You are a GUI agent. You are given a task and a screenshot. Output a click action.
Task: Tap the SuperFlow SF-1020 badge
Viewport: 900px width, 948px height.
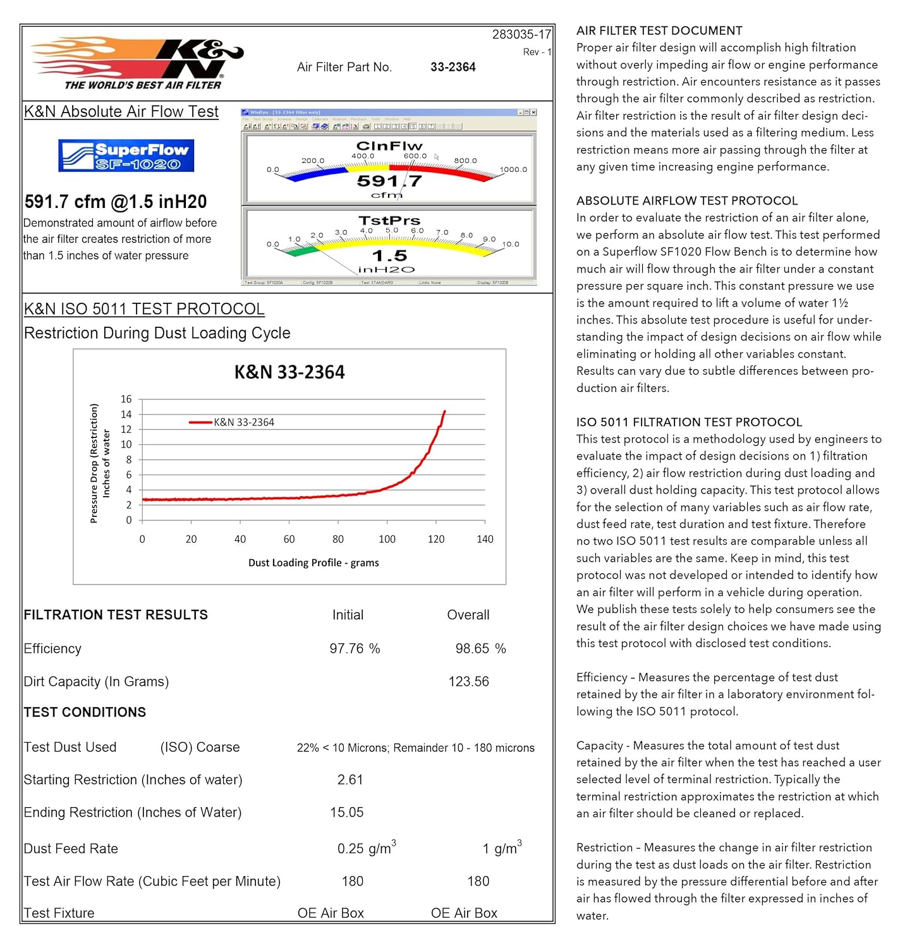pyautogui.click(x=126, y=155)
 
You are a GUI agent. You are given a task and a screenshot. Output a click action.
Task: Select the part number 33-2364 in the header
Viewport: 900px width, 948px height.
pyautogui.click(x=453, y=67)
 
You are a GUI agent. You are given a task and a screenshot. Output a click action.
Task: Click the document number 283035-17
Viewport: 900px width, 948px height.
pyautogui.click(x=521, y=34)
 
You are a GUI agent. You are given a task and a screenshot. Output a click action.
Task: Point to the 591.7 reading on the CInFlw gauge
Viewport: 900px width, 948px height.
pyautogui.click(x=389, y=181)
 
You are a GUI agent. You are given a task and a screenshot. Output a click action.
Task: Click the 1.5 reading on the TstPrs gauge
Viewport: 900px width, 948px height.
pyautogui.click(x=389, y=256)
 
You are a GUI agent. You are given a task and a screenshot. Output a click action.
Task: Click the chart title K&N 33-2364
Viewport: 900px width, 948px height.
pyautogui.click(x=289, y=372)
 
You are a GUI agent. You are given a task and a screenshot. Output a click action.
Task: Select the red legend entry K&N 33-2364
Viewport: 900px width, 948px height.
pyautogui.click(x=232, y=422)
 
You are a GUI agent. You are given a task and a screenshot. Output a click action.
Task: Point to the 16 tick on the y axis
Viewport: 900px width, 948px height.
pyautogui.click(x=126, y=399)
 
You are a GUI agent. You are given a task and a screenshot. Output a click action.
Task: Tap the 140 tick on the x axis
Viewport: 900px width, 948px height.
pyautogui.click(x=485, y=539)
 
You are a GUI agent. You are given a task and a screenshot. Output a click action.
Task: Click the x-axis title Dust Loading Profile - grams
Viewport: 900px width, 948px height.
pyautogui.click(x=313, y=562)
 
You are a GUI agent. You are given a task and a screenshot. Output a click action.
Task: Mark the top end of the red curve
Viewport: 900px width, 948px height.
pyautogui.click(x=445, y=411)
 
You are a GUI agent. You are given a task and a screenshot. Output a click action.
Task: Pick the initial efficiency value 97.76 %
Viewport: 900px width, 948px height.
pyautogui.click(x=355, y=648)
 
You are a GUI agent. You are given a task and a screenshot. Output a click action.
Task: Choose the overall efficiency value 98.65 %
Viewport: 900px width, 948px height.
pyautogui.click(x=480, y=648)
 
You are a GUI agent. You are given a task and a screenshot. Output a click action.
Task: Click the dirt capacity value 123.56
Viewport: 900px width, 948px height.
pyautogui.click(x=468, y=681)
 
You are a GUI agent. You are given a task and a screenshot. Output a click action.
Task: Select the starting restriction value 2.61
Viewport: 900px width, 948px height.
pyautogui.click(x=350, y=780)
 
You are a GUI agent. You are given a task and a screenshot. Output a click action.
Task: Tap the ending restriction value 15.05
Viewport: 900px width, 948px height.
pyautogui.click(x=347, y=812)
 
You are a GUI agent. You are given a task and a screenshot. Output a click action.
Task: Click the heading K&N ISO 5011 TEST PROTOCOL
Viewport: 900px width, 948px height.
pyautogui.click(x=144, y=309)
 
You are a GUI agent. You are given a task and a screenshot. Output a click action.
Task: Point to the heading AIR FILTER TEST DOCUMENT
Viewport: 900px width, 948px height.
pyautogui.click(x=659, y=30)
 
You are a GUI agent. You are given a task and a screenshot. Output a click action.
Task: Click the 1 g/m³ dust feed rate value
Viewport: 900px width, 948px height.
pyautogui.click(x=502, y=848)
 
